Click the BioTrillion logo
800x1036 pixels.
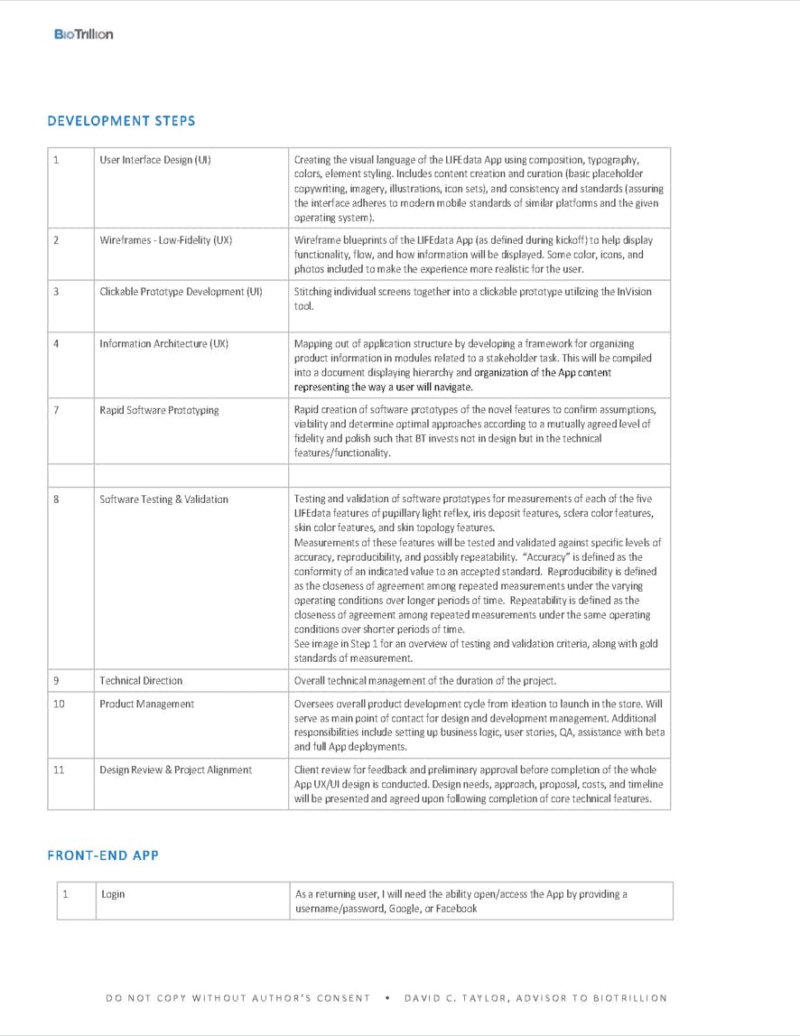tap(83, 34)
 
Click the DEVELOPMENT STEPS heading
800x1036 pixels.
tap(121, 120)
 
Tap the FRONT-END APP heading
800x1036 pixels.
tap(103, 854)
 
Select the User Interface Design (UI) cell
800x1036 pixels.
tap(155, 160)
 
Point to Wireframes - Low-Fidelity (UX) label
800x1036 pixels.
tap(166, 240)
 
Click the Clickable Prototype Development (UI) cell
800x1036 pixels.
tap(181, 292)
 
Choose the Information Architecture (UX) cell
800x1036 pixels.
tap(163, 343)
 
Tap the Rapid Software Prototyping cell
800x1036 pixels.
tap(159, 410)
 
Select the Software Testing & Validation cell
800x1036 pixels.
tap(163, 499)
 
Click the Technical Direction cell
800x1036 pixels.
tap(141, 680)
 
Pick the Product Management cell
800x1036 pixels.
tap(146, 704)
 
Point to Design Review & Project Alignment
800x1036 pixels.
tap(175, 770)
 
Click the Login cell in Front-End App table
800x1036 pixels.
tap(113, 894)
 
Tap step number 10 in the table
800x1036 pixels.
tap(59, 704)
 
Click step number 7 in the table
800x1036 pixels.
tap(56, 410)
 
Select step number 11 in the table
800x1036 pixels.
tap(59, 770)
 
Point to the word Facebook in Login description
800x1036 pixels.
tap(456, 909)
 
